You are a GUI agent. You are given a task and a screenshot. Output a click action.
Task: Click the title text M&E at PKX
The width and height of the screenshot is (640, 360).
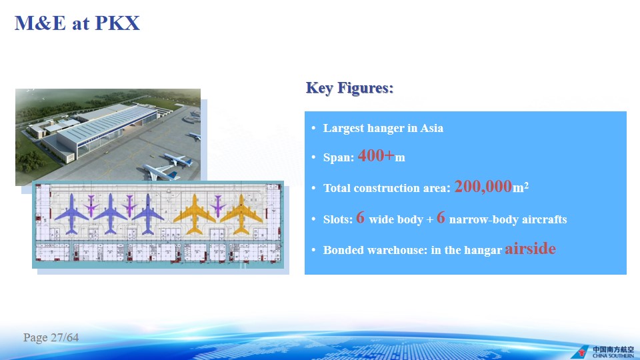pyautogui.click(x=77, y=23)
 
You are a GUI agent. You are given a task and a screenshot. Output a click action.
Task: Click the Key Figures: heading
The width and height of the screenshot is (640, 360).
pyautogui.click(x=350, y=88)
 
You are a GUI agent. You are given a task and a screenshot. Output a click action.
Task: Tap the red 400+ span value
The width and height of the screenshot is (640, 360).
pyautogui.click(x=376, y=155)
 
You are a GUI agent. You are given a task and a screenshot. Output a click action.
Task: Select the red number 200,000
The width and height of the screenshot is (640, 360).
pyautogui.click(x=483, y=187)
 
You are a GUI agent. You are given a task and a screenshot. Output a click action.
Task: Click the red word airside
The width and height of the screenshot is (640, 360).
pyautogui.click(x=530, y=249)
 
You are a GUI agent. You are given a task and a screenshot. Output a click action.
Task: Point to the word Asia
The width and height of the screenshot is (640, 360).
pyautogui.click(x=432, y=128)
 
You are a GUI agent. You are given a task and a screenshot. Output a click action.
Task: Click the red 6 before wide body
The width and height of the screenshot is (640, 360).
pyautogui.click(x=360, y=217)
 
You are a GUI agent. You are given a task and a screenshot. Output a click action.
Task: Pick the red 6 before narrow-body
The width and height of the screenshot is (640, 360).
pyautogui.click(x=441, y=217)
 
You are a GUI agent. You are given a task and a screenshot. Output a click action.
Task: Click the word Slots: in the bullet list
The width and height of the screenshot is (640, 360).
pyautogui.click(x=338, y=219)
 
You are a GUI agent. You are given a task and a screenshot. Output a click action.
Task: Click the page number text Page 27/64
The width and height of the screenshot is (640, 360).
pyautogui.click(x=51, y=337)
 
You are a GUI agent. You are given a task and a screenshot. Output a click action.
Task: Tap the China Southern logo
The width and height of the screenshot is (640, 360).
pyautogui.click(x=603, y=352)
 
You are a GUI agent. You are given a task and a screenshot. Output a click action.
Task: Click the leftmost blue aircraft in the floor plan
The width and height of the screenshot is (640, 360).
pyautogui.click(x=72, y=213)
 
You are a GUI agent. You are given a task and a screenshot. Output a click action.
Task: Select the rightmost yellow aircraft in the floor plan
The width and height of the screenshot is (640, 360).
pyautogui.click(x=241, y=213)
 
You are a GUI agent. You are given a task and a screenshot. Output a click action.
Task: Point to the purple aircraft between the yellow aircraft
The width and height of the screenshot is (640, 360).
pyautogui.click(x=218, y=206)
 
